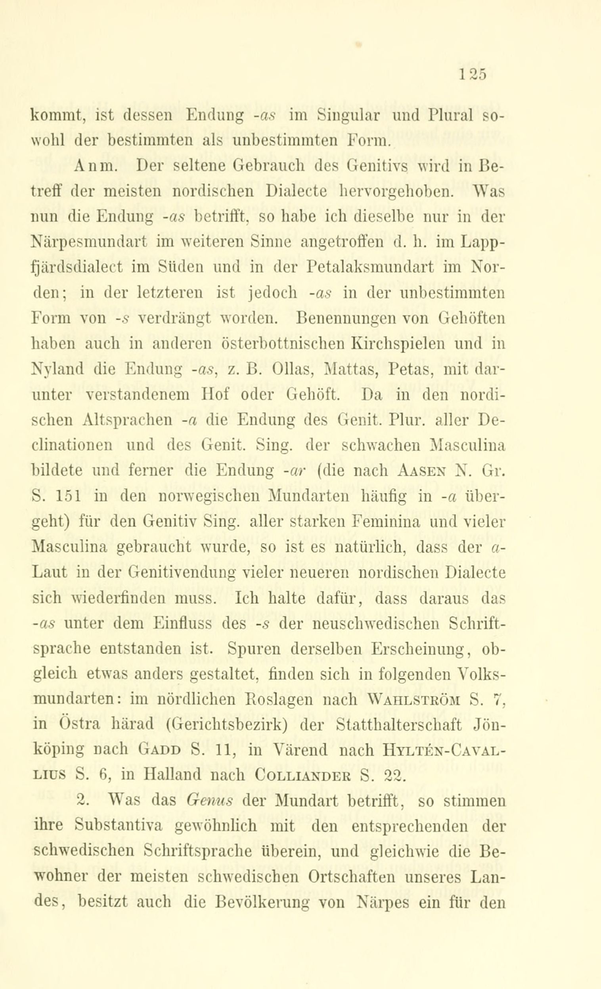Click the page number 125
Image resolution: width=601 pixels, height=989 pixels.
[x=473, y=75]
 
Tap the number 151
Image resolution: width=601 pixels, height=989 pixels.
[x=67, y=497]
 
